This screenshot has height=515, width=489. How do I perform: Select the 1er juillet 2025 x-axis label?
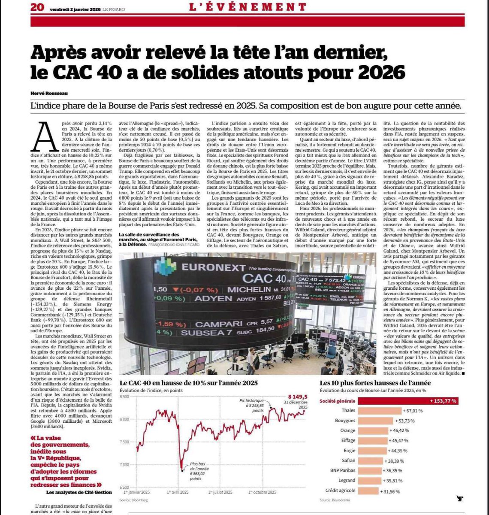point(221,492)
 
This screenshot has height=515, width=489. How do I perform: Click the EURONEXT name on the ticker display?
point(210,267)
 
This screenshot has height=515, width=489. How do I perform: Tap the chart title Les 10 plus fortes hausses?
point(375,383)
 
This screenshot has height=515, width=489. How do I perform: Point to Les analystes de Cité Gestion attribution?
point(79,492)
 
